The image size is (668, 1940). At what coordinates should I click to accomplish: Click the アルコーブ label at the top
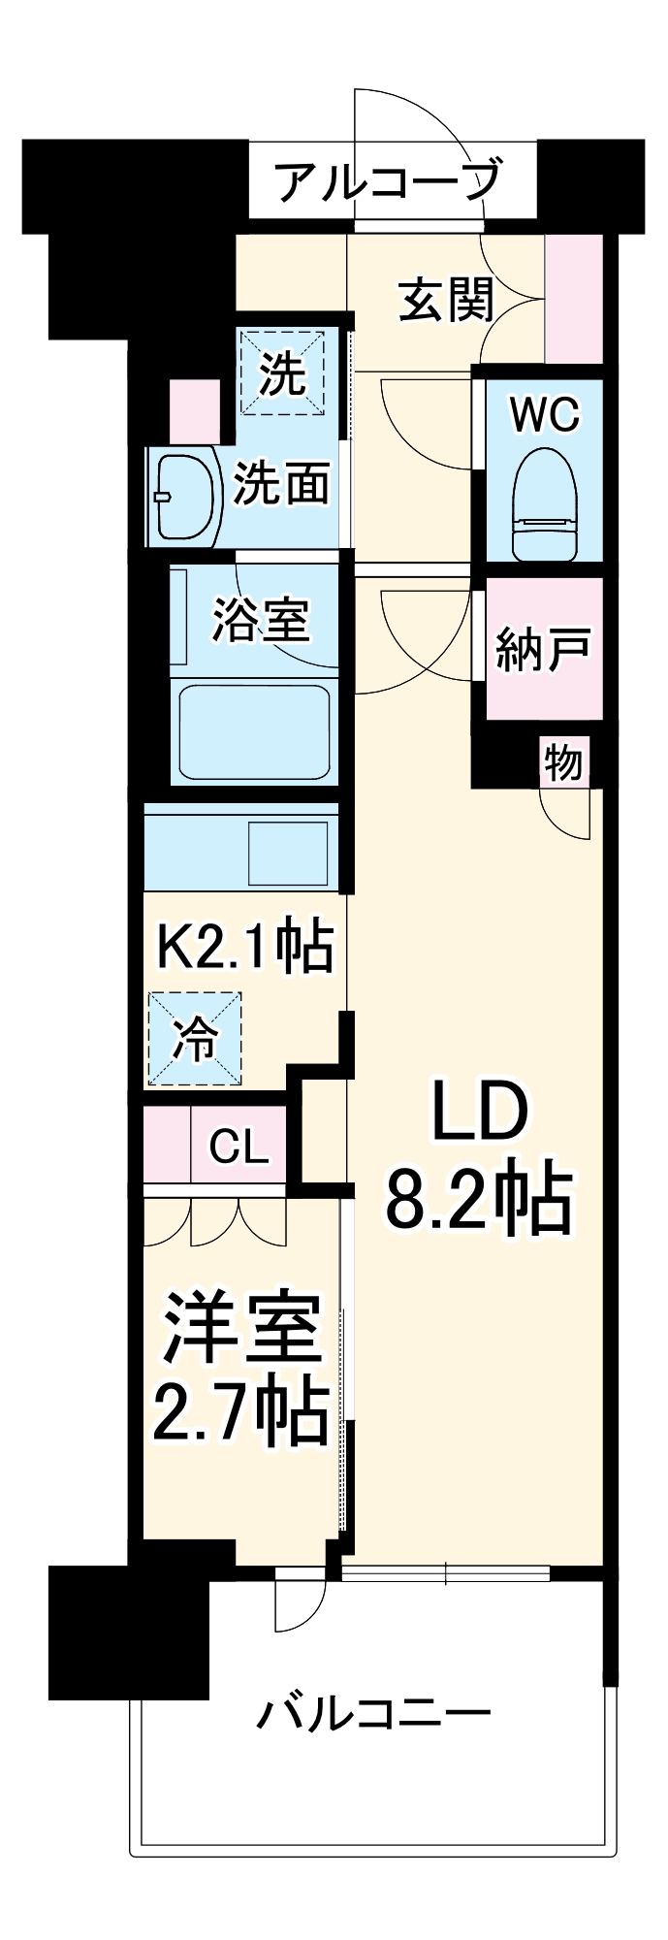(x=388, y=180)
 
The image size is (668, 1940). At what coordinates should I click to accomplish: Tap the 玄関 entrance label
(x=447, y=300)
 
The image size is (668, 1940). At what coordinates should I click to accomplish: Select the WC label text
(x=544, y=415)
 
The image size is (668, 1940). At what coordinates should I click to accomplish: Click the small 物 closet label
(x=563, y=762)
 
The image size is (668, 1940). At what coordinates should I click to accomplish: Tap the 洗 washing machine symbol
(x=282, y=373)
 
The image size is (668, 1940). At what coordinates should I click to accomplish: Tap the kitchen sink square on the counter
(x=290, y=853)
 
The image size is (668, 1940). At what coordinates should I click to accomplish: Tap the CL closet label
(x=239, y=1148)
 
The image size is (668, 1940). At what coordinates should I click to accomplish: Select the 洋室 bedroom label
(x=240, y=1328)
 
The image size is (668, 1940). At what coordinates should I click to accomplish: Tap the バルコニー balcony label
(x=373, y=1715)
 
